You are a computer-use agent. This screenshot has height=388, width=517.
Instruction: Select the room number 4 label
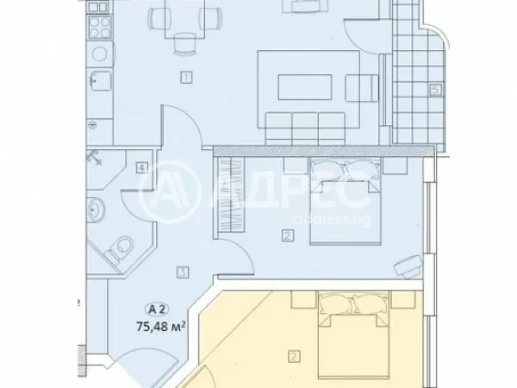(140, 167)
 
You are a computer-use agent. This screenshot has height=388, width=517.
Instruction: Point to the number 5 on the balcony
(435, 89)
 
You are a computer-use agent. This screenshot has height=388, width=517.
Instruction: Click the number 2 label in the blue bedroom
(286, 235)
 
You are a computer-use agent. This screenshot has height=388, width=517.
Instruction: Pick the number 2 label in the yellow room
(294, 355)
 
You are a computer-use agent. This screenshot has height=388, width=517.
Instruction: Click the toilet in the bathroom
(120, 249)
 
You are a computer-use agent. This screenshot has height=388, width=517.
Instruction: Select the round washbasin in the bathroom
(96, 210)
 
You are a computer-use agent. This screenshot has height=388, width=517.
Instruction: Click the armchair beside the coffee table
(361, 86)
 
